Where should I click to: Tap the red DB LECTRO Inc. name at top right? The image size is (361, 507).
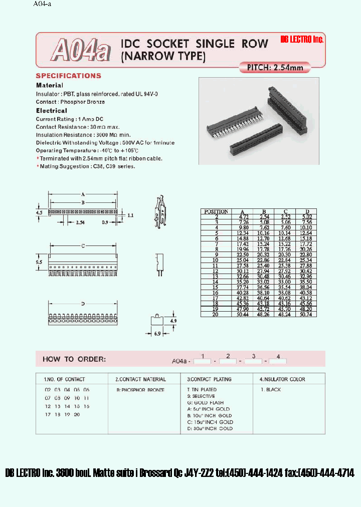pyautogui.click(x=302, y=40)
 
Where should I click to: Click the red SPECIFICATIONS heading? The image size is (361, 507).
pyautogui.click(x=68, y=76)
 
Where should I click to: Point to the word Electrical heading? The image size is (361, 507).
pyautogui.click(x=51, y=110)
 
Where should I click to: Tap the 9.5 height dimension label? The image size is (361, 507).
pyautogui.click(x=39, y=262)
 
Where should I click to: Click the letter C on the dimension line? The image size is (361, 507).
pyautogui.click(x=83, y=246)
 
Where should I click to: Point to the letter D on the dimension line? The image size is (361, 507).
pyautogui.click(x=83, y=304)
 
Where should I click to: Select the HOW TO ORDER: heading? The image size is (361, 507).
pyautogui.click(x=74, y=359)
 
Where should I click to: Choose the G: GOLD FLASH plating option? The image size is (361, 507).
pyautogui.click(x=205, y=403)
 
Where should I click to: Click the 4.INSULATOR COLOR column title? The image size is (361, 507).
pyautogui.click(x=282, y=379)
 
